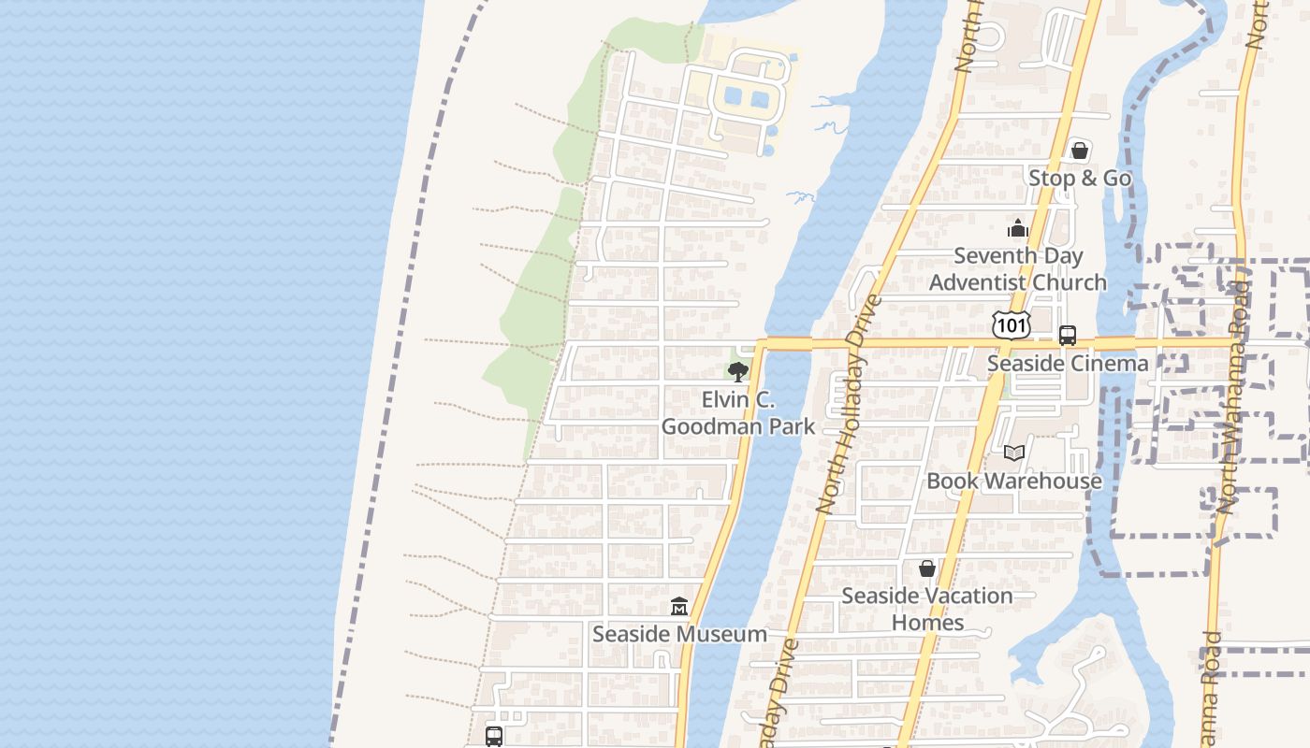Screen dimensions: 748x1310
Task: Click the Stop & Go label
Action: [x=1080, y=178]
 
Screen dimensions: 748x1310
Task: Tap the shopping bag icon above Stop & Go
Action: [x=1079, y=151]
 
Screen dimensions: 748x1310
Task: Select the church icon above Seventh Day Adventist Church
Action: [x=1017, y=228]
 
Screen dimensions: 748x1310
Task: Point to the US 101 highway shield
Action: [x=1011, y=325]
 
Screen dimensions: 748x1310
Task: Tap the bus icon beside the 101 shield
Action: [x=1067, y=336]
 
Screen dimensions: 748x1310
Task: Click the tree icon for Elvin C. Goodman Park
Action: [x=737, y=372]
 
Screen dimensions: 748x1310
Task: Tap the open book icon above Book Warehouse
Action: [x=1013, y=453]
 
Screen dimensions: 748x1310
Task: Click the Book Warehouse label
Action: [x=1014, y=482]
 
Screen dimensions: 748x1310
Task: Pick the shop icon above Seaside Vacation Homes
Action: [x=926, y=568]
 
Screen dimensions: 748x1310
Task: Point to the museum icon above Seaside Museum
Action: [x=679, y=607]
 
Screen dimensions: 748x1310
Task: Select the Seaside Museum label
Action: [x=679, y=634]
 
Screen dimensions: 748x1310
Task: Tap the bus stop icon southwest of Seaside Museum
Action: [x=494, y=737]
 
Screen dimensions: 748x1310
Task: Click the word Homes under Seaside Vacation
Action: [x=927, y=623]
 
